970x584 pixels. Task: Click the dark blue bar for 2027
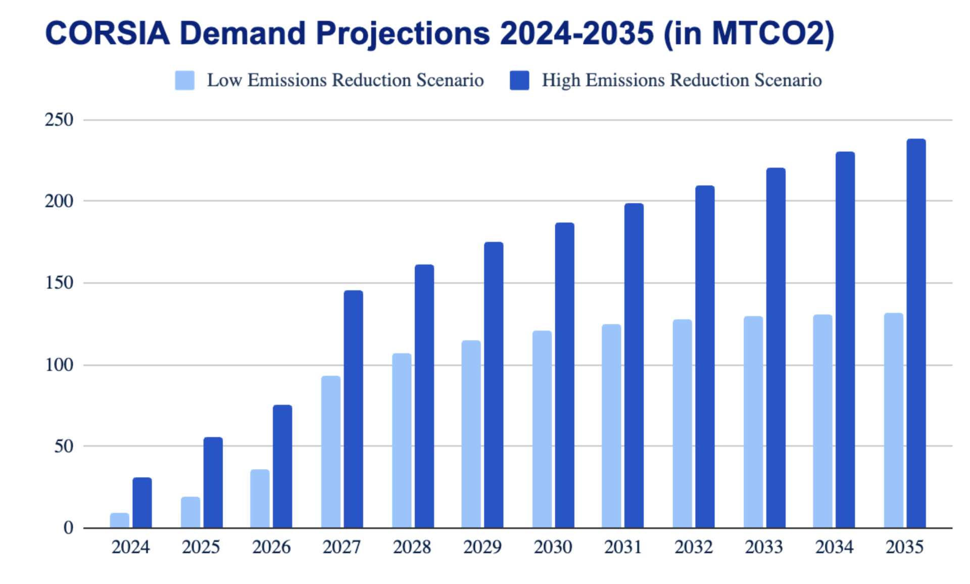pyautogui.click(x=353, y=409)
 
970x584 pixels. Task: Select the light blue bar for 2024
pyautogui.click(x=120, y=521)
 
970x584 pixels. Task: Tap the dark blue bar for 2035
pyautogui.click(x=916, y=333)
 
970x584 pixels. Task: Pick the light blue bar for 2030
pyautogui.click(x=542, y=429)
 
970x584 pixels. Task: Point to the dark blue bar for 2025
pyautogui.click(x=213, y=482)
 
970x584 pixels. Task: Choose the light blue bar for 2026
pyautogui.click(x=260, y=499)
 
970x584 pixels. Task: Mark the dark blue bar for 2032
pyautogui.click(x=705, y=357)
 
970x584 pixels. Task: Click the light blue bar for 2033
pyautogui.click(x=753, y=422)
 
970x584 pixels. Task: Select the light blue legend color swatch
pyautogui.click(x=184, y=80)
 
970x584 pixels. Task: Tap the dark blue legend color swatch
pyautogui.click(x=519, y=80)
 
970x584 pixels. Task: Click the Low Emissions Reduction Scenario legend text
pyautogui.click(x=345, y=80)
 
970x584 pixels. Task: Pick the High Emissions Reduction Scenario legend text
pyautogui.click(x=682, y=80)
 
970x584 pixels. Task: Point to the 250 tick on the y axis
pyautogui.click(x=59, y=120)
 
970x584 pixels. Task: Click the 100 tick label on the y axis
pyautogui.click(x=59, y=365)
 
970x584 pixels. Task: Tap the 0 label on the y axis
pyautogui.click(x=68, y=528)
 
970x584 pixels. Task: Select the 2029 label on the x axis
pyautogui.click(x=482, y=547)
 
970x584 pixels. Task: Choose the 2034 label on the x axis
pyautogui.click(x=834, y=547)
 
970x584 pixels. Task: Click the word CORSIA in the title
pyautogui.click(x=107, y=33)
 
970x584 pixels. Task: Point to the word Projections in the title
pyautogui.click(x=403, y=33)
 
